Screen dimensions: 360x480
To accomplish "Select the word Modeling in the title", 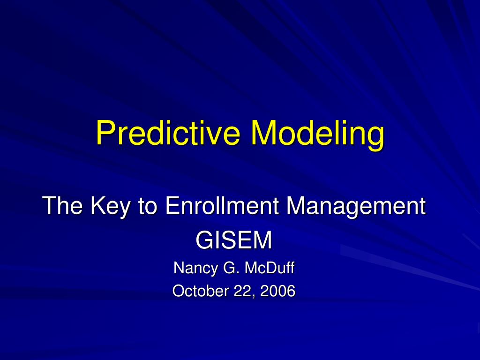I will pos(317,133).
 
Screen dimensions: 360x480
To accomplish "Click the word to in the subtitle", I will pos(146,207).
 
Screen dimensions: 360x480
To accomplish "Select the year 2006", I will pos(278,291).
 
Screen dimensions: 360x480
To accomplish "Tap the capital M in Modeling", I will pos(262,133).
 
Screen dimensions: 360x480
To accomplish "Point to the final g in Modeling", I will pos(375,136).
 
